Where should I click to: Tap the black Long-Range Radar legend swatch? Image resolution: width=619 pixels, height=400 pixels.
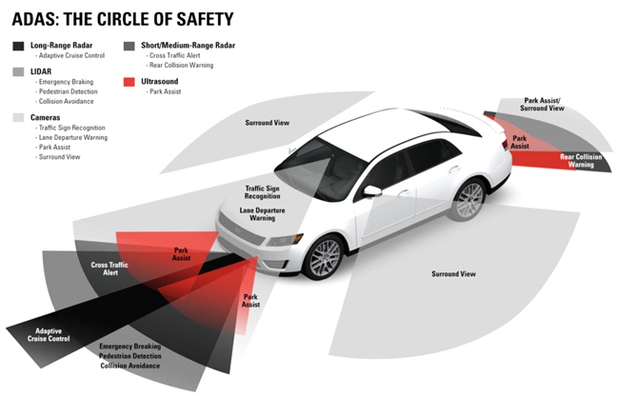pos(19,46)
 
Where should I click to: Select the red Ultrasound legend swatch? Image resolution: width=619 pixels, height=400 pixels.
pos(130,82)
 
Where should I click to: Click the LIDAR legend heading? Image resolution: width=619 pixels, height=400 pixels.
pos(42,71)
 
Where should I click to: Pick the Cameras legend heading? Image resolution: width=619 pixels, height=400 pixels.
pos(48,116)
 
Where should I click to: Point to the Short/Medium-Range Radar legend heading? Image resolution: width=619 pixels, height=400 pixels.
pos(185,45)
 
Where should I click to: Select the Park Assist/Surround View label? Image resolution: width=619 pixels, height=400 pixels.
pos(544,104)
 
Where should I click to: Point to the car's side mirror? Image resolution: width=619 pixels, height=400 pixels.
pos(372,190)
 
